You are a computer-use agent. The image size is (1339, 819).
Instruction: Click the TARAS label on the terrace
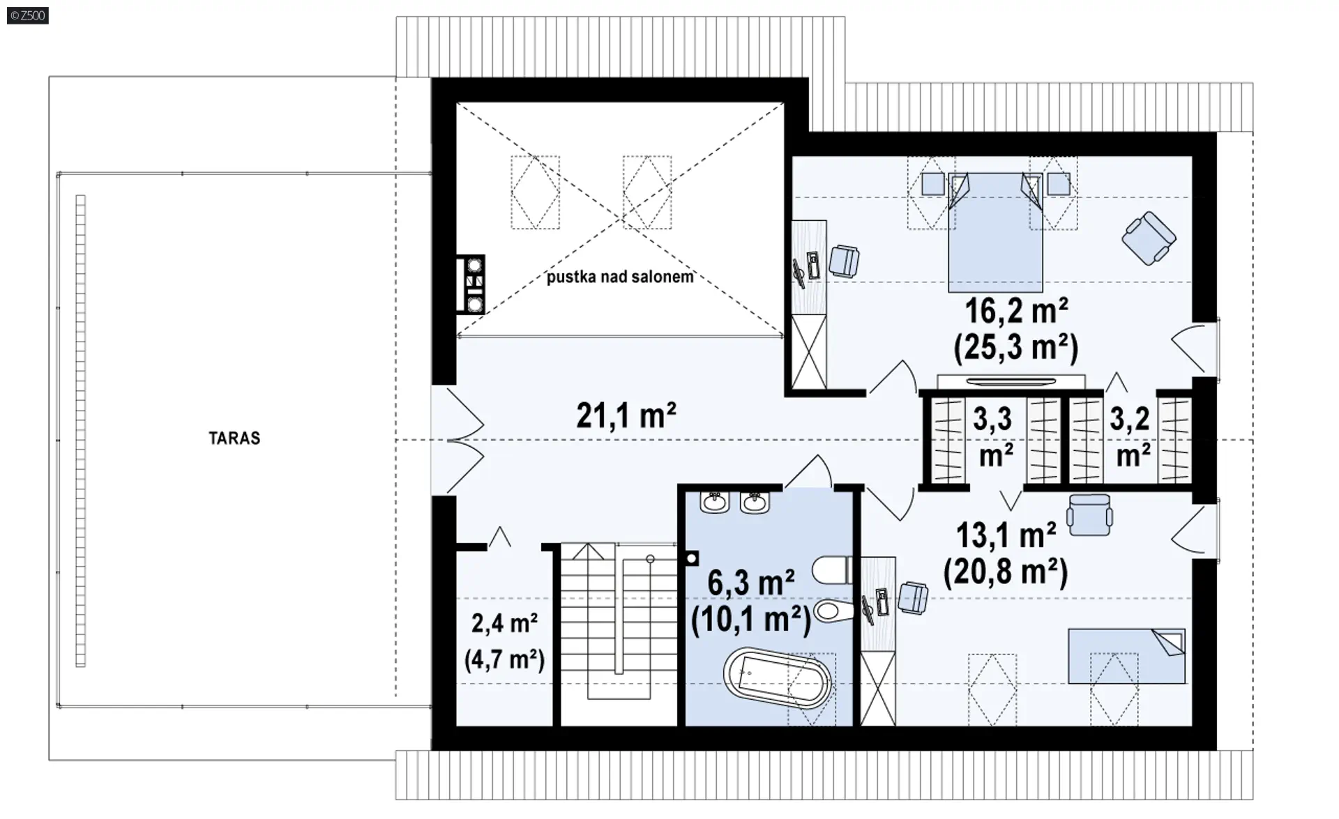(x=234, y=438)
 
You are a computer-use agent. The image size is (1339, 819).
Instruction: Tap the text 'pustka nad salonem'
(x=620, y=277)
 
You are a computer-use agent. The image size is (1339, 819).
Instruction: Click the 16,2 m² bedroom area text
(x=1016, y=311)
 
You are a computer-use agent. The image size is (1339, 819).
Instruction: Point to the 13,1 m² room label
(x=1006, y=535)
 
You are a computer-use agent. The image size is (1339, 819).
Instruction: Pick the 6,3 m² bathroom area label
(x=751, y=582)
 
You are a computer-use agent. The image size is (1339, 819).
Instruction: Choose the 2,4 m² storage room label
(x=504, y=622)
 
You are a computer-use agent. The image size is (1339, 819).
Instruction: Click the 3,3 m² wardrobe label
(x=994, y=437)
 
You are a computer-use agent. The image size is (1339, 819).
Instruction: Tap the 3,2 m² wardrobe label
(x=1131, y=437)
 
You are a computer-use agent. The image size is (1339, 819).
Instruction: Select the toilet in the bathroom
(x=833, y=570)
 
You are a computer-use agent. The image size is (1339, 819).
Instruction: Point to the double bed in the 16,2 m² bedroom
(x=995, y=232)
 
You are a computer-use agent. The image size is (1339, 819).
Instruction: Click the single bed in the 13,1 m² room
(x=1126, y=656)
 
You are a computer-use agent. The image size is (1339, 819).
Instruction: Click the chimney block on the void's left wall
(x=471, y=284)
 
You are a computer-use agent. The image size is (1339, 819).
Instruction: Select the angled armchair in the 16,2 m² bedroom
(x=1149, y=238)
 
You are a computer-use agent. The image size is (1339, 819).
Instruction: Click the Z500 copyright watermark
(x=28, y=15)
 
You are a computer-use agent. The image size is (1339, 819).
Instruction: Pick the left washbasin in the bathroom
(x=713, y=502)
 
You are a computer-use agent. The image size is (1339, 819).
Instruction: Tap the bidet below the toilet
(x=833, y=611)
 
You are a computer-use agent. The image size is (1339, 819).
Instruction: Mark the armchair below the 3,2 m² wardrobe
(x=1089, y=515)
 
